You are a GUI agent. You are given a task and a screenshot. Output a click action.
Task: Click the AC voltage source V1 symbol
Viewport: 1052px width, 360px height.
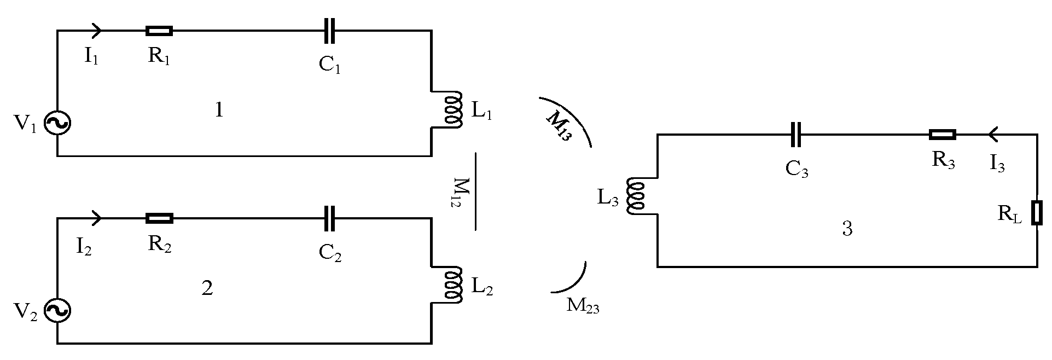click(57, 124)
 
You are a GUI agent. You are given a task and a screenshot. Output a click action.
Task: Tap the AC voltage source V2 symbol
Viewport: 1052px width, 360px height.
click(57, 311)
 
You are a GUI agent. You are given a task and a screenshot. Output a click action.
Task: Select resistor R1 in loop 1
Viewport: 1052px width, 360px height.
click(159, 31)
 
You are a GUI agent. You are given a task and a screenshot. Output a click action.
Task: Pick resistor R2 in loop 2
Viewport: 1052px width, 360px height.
click(159, 219)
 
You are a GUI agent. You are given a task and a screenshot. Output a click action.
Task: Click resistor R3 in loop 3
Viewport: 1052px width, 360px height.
click(943, 135)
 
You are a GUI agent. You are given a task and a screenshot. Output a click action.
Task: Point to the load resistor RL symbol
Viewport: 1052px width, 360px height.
click(1037, 213)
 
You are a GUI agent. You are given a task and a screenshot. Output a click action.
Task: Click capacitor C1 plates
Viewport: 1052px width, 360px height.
click(329, 31)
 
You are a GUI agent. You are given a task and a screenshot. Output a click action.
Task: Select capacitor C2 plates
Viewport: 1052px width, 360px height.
click(329, 219)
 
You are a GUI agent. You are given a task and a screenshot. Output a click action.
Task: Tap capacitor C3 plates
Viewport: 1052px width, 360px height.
click(796, 135)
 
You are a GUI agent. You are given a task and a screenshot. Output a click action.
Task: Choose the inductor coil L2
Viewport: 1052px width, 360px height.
click(452, 285)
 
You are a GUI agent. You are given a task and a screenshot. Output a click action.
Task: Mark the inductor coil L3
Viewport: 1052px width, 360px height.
click(636, 196)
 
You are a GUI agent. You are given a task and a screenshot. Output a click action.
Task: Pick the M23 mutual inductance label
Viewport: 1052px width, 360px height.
click(583, 306)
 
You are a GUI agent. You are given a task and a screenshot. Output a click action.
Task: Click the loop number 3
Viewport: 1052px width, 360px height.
click(847, 229)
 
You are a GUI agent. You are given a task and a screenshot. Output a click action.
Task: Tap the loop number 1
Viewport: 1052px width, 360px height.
click(219, 111)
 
